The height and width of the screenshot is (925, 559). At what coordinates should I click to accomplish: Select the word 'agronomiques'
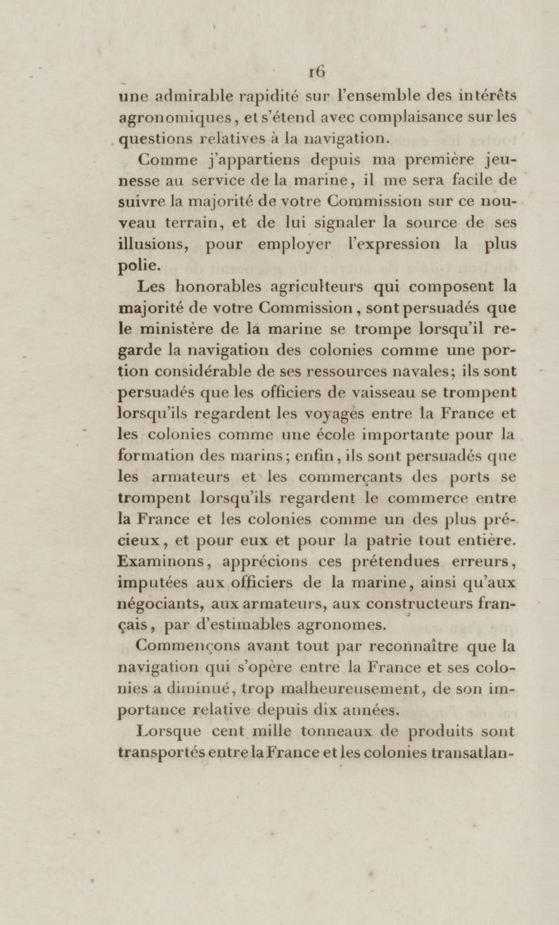click(x=175, y=119)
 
